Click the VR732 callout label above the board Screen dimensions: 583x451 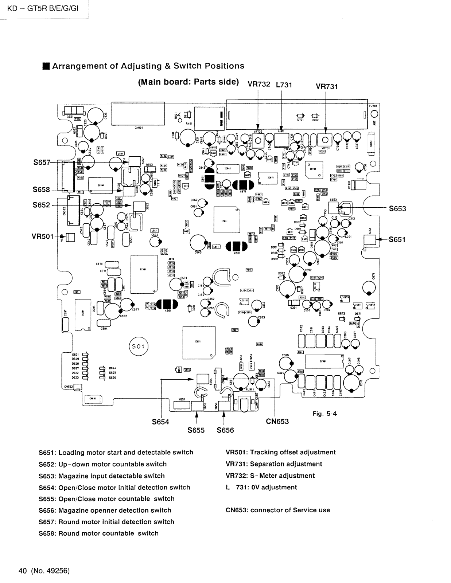259,84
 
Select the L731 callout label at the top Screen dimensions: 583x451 284,85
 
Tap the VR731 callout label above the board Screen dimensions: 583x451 327,86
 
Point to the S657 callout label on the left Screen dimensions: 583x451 41,162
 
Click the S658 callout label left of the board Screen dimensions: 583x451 41,189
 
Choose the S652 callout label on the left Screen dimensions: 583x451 41,205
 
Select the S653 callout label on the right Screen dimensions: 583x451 397,208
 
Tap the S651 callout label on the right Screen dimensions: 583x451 397,239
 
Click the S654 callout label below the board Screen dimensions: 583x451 160,422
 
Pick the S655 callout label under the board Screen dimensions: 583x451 196,430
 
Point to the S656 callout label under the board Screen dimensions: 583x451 225,430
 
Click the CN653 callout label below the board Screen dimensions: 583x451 277,422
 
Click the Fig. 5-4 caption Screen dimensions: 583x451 324,414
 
